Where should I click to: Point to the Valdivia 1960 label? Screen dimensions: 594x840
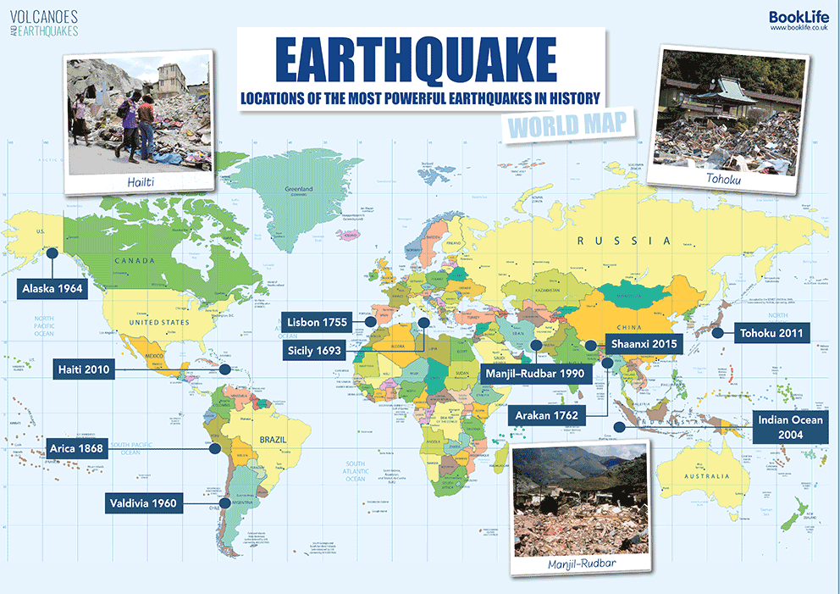(x=142, y=503)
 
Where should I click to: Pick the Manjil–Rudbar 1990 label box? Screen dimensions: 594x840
(x=533, y=372)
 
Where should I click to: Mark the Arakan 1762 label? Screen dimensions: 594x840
(x=548, y=415)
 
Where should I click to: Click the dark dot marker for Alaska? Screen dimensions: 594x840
(x=52, y=252)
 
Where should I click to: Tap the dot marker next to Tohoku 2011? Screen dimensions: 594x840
(x=717, y=333)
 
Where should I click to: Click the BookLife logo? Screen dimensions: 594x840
(x=799, y=19)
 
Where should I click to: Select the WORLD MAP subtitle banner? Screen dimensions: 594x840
(x=567, y=126)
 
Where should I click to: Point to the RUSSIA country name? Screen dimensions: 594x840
(x=623, y=241)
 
